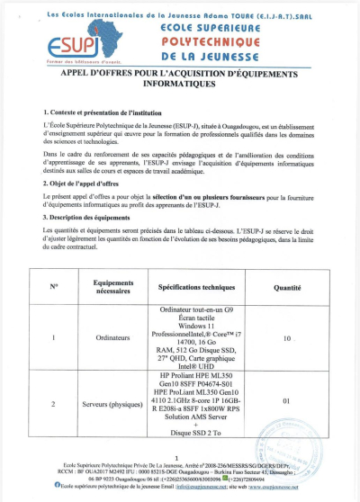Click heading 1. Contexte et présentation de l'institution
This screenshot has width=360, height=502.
pos(98,110)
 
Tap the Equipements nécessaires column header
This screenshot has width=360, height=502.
pos(113,286)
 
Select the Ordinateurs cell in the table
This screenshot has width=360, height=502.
pos(113,340)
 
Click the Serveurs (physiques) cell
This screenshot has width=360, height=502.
pos(113,404)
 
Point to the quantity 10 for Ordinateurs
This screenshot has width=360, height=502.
pos(286,340)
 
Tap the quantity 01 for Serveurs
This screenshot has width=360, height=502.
pos(286,401)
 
